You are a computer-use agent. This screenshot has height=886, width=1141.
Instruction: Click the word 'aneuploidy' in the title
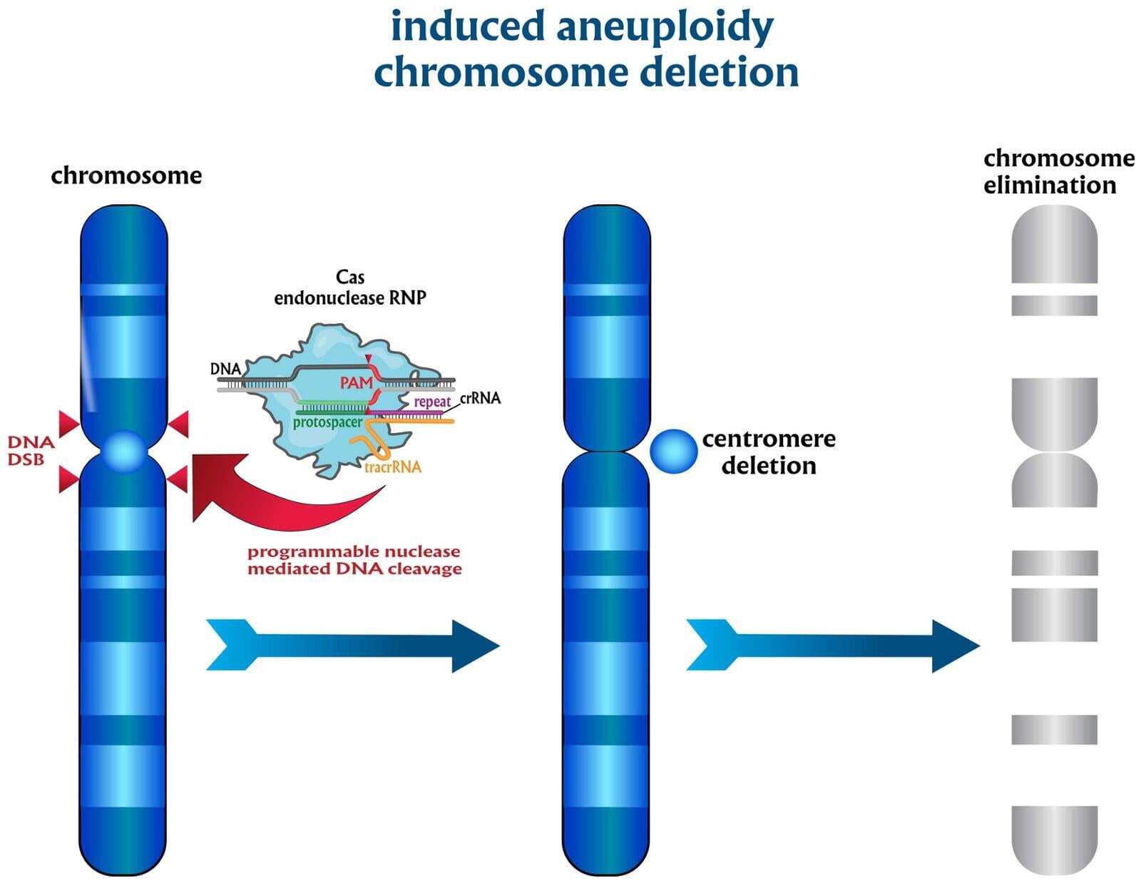pos(664,27)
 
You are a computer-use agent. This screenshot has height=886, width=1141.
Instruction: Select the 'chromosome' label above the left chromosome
pos(126,175)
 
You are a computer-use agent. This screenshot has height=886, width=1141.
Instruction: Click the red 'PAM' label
pos(356,383)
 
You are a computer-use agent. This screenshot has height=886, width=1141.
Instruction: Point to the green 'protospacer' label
pos(327,422)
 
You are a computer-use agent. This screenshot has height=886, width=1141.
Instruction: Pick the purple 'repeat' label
pos(432,402)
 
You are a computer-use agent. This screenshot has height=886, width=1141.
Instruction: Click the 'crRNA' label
pos(480,398)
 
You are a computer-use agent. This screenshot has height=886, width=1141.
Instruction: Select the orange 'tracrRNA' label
pos(392,467)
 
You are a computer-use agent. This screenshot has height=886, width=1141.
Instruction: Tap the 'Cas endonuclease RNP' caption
pos(349,287)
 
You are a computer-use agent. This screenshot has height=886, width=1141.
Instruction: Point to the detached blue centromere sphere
pos(673,451)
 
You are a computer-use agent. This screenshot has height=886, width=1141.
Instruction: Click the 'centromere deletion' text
pos(769,452)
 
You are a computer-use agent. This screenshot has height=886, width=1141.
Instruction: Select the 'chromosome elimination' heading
pos(1058,171)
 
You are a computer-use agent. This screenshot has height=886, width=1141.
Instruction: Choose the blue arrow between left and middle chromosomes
pos(353,646)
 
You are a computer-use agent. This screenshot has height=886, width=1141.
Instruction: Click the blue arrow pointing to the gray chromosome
pos(833,646)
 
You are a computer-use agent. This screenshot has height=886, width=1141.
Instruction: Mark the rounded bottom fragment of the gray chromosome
pos(1054,839)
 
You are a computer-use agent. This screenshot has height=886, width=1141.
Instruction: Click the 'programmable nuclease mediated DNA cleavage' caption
pos(354,560)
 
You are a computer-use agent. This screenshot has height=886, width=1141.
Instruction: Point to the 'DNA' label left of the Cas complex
pos(225,369)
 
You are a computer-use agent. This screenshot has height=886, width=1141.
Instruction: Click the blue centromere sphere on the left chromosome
pos(124,452)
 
